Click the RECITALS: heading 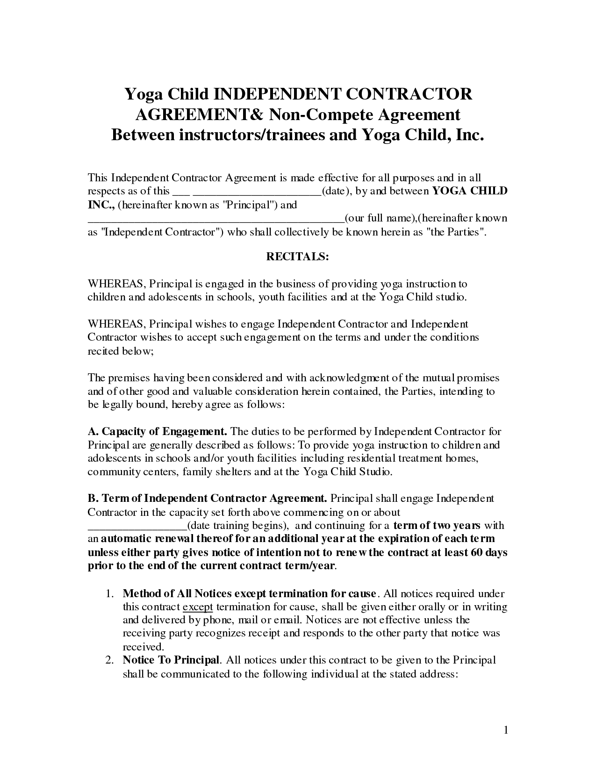(x=298, y=257)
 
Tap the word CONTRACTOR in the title (x=409, y=94)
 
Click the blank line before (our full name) (x=216, y=219)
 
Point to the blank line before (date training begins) (x=137, y=526)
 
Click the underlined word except (x=198, y=607)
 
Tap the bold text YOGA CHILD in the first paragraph (x=470, y=191)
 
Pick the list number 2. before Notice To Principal (x=110, y=660)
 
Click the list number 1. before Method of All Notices (x=110, y=594)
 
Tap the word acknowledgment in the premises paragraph (x=363, y=378)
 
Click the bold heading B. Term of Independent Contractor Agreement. (x=208, y=499)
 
